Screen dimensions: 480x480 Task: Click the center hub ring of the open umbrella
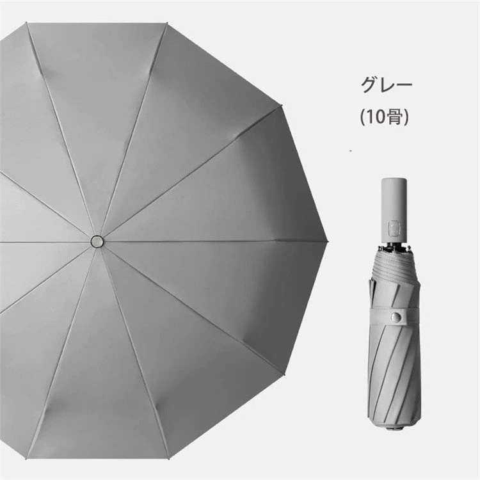pyautogui.click(x=97, y=241)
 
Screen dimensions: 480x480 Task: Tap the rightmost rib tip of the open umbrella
pyautogui.click(x=327, y=241)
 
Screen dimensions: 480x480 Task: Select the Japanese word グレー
pyautogui.click(x=387, y=84)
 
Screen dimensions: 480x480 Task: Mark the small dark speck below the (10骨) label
pyautogui.click(x=351, y=150)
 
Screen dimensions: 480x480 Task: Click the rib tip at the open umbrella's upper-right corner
pyautogui.click(x=281, y=106)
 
